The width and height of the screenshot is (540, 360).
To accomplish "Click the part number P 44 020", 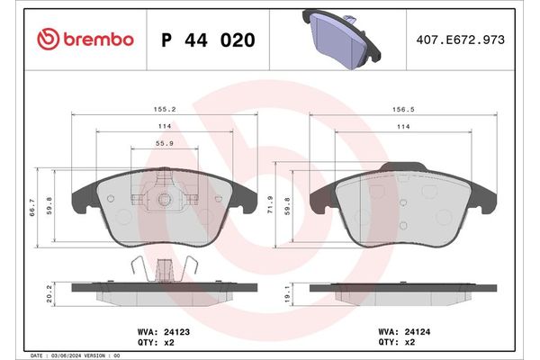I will tap(207, 40).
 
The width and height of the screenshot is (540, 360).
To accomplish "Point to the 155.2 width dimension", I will tap(164, 108).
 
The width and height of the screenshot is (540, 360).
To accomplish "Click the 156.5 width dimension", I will tap(402, 108).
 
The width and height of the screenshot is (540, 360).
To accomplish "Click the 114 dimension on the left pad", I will tap(164, 126).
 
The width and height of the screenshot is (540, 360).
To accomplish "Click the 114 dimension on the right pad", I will tap(402, 126).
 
